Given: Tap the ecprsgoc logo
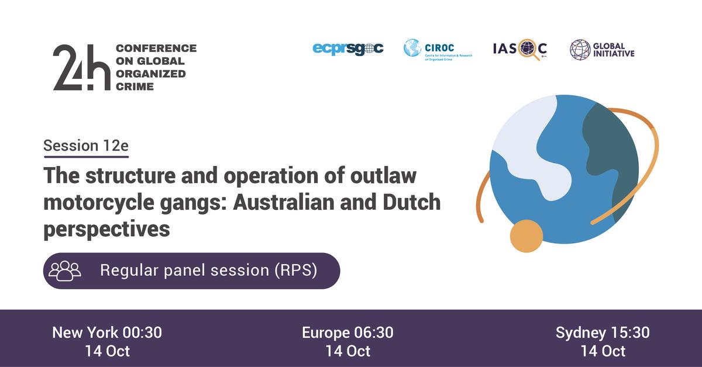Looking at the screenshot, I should point(348,49).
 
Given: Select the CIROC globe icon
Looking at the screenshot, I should point(412,48).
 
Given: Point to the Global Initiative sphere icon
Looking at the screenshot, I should point(580,49).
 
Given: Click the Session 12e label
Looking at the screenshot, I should point(85,146).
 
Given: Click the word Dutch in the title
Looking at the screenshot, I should point(407,202).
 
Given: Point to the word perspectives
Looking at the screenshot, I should point(106,230).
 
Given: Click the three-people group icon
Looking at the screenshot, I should point(64,271).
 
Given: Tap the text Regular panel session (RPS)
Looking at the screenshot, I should point(209,271).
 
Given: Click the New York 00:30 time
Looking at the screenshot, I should point(107,333).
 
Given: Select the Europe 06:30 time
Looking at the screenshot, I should point(347,333).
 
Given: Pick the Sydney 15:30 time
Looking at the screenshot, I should point(603,333).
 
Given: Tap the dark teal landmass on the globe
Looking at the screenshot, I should point(611,146).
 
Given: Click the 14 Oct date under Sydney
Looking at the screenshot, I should point(603,351).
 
